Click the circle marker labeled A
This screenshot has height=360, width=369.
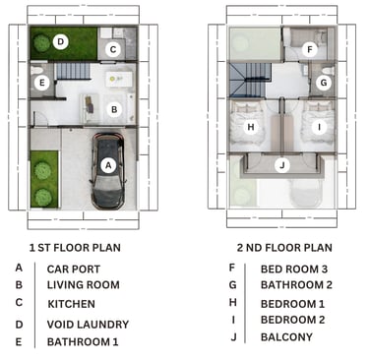[x=108, y=165]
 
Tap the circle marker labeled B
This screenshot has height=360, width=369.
[x=114, y=109]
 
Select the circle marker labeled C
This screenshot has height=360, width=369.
[x=113, y=49]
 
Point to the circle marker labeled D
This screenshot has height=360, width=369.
[x=60, y=41]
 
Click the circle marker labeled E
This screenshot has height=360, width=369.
[x=41, y=83]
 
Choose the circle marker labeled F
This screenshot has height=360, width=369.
[x=309, y=50]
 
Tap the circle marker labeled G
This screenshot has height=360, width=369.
[x=324, y=83]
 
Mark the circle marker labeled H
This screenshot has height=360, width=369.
[x=251, y=127]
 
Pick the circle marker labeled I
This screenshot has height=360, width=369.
[x=319, y=127]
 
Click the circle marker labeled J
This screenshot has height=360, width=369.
[x=282, y=165]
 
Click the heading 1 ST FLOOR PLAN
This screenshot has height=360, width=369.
[x=75, y=248]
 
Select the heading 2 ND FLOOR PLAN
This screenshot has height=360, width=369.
[x=284, y=248]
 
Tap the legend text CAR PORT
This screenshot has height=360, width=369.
[x=74, y=270]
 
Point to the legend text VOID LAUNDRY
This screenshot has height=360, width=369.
[x=88, y=325]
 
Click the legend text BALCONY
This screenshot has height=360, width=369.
[x=286, y=337]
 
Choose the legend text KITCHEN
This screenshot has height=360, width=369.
[x=72, y=304]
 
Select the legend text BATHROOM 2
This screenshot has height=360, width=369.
[x=296, y=285]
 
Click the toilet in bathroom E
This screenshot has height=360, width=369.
[x=36, y=70]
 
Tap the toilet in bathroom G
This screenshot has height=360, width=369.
[x=328, y=70]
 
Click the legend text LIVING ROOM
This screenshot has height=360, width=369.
[x=84, y=285]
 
